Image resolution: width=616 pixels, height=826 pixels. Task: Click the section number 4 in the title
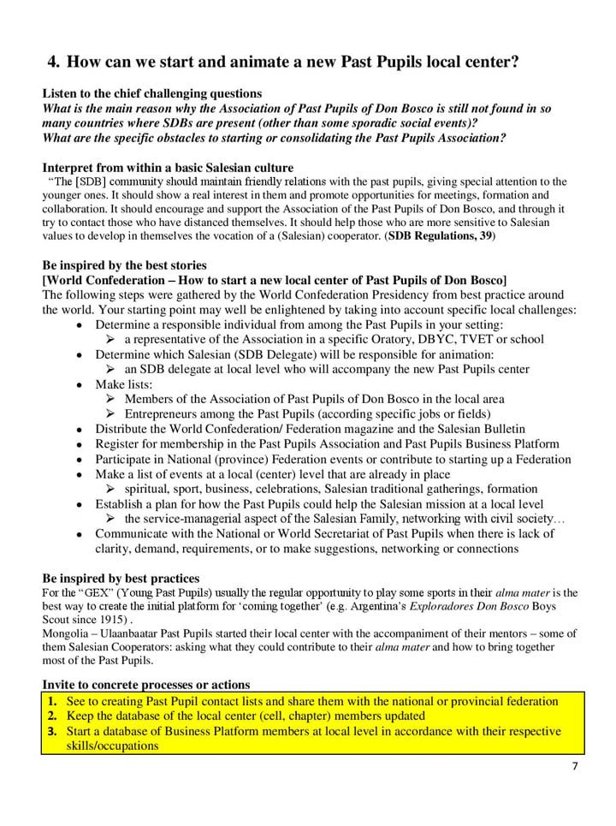tap(53, 62)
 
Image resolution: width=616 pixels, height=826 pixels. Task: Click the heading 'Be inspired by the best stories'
tap(124, 265)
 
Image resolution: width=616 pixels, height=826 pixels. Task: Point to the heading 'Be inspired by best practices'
tap(121, 579)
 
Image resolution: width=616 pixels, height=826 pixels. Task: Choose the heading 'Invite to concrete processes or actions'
tap(145, 685)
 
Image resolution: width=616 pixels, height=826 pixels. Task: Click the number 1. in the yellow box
tap(51, 701)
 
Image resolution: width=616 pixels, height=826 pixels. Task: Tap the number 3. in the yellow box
tap(51, 731)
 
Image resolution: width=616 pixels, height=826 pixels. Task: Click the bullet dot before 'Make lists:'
tap(80, 384)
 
